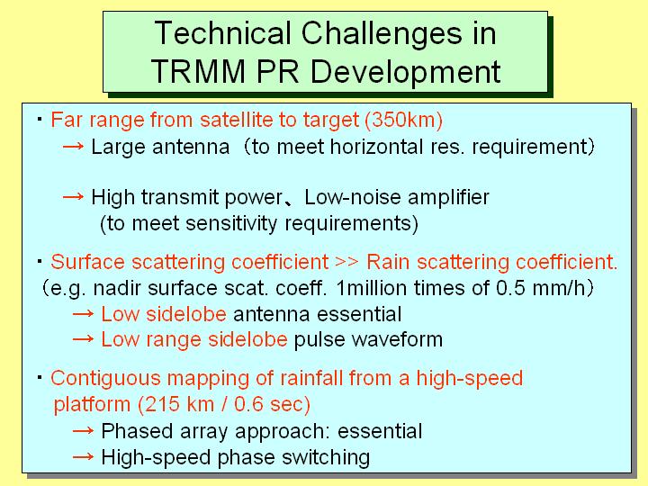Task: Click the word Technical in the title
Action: [x=222, y=32]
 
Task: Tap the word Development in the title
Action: [x=405, y=72]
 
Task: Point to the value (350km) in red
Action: [x=404, y=120]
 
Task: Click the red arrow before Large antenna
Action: [x=73, y=147]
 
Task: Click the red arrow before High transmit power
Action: [x=73, y=197]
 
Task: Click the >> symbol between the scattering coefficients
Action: [x=346, y=263]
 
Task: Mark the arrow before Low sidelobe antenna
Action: [x=83, y=314]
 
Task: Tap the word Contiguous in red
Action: [x=105, y=379]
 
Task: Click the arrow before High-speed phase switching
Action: [x=83, y=456]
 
